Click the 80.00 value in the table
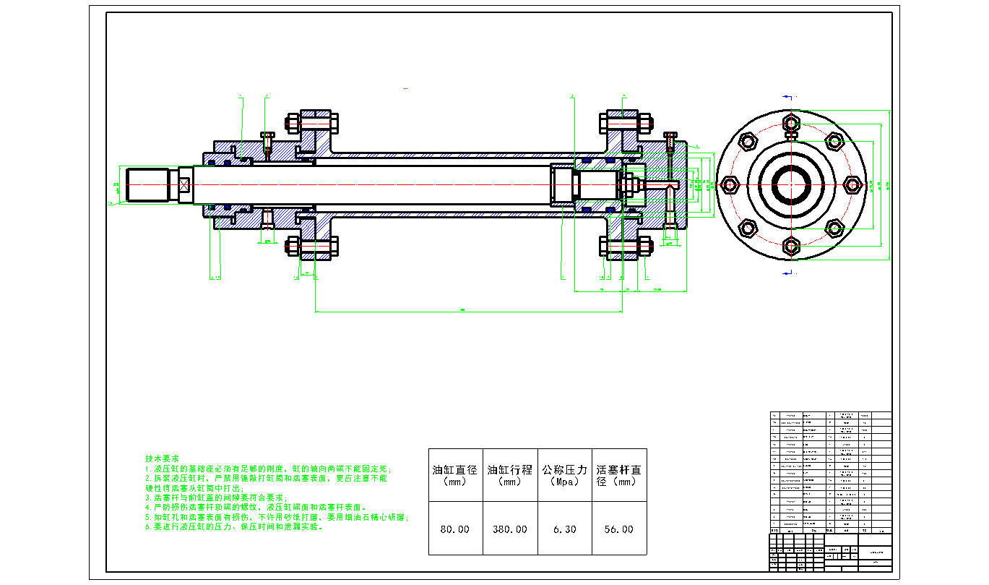454,529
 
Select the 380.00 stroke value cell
509,529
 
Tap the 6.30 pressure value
564,529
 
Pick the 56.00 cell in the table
618,529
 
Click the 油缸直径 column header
454,474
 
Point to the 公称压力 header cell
564,474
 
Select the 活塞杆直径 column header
618,474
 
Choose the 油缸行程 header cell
509,474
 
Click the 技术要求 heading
162,459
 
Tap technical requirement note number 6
234,527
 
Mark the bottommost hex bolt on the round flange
791,246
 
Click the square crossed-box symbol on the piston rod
184,184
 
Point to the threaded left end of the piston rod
147,184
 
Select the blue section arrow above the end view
788,95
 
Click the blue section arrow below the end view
788,273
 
